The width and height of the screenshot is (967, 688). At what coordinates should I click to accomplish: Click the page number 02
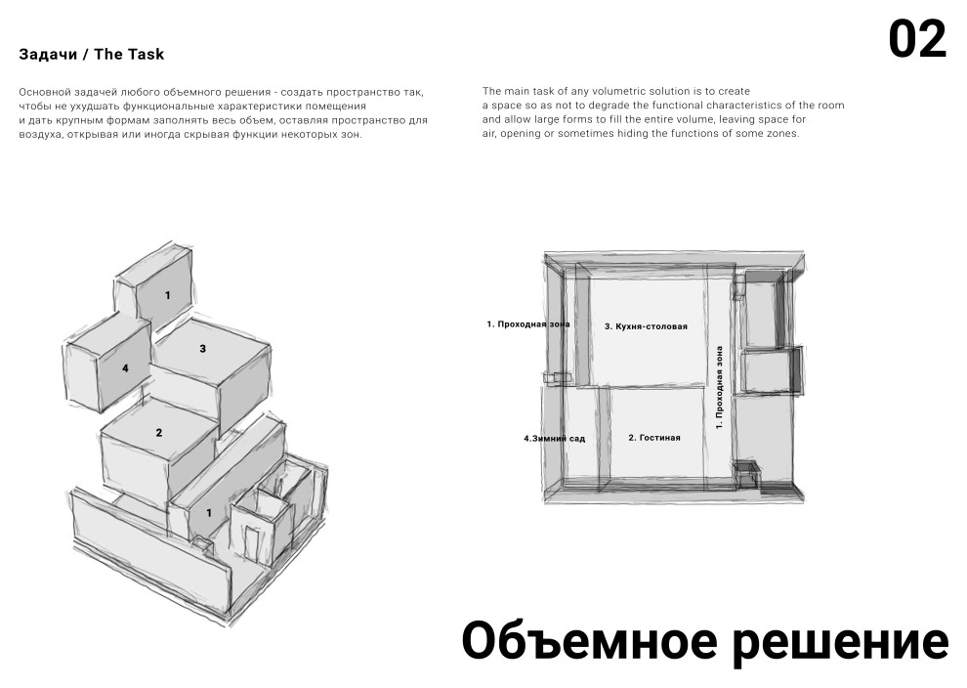[917, 40]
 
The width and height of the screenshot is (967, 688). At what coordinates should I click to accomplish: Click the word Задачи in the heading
[47, 55]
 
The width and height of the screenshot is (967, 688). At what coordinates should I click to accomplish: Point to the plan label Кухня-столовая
[646, 326]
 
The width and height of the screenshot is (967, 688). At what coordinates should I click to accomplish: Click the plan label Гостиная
[653, 438]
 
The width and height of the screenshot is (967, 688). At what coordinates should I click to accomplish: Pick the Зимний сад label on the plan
[555, 439]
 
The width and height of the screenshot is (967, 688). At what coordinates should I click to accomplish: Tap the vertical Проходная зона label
[720, 387]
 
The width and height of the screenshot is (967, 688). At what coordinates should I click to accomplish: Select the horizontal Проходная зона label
[528, 323]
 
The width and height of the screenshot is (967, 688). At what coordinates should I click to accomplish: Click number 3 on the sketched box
[202, 348]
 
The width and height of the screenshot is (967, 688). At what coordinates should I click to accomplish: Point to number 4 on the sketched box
[125, 368]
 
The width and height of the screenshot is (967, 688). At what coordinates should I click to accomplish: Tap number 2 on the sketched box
[158, 432]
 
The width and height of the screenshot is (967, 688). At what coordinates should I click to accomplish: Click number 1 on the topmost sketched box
[167, 295]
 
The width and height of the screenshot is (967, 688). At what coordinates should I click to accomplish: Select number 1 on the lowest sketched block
[208, 512]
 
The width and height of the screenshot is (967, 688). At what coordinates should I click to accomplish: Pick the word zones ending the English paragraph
[782, 134]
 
